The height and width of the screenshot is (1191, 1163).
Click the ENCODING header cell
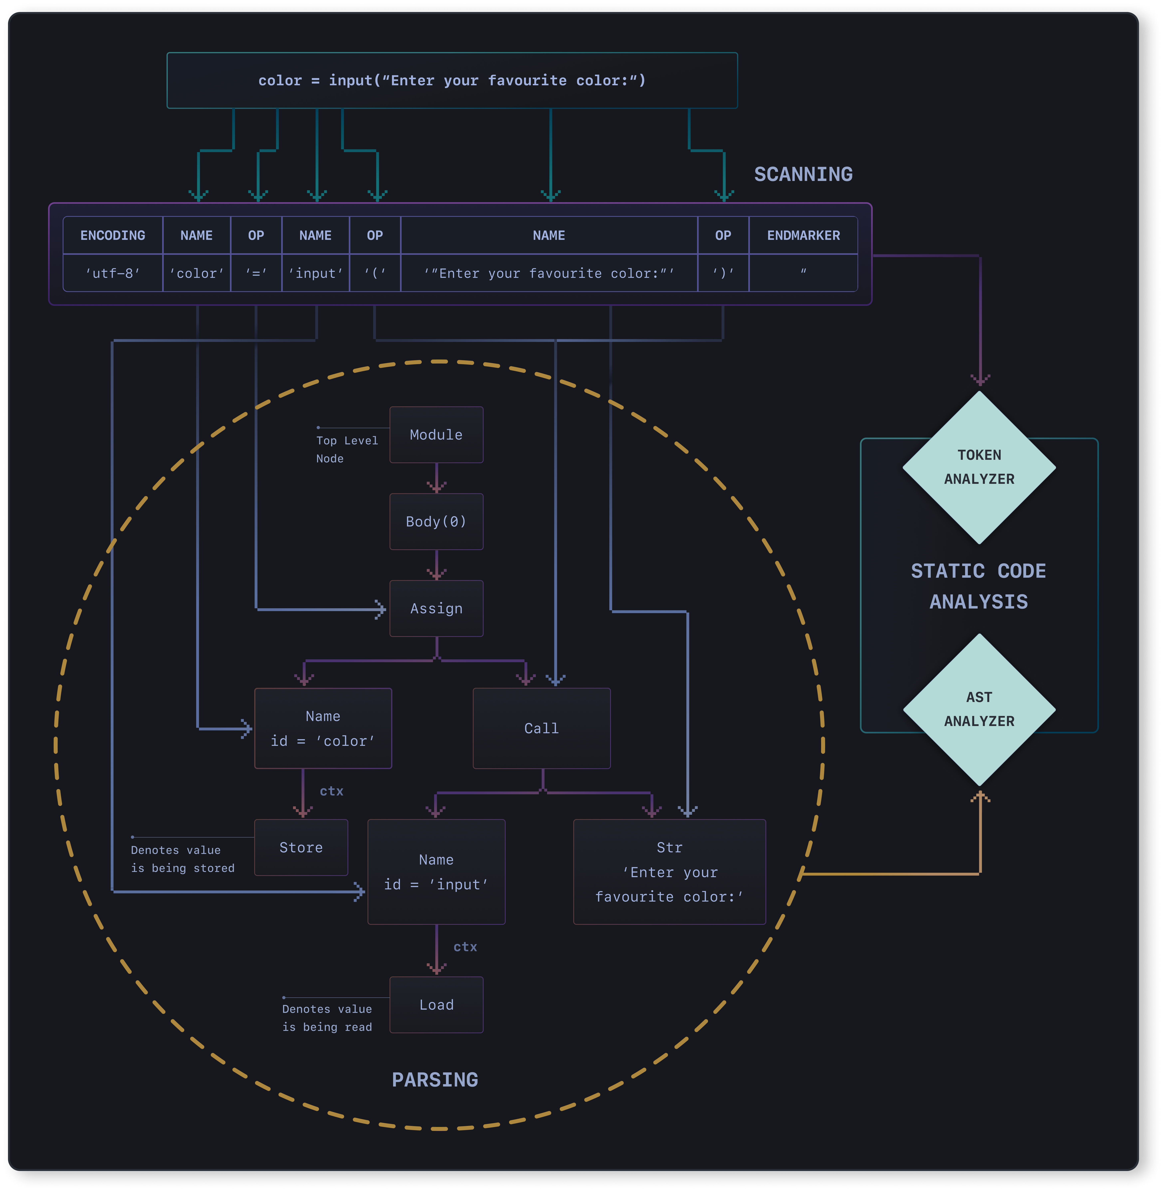[113, 235]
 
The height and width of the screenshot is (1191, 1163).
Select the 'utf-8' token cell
[113, 273]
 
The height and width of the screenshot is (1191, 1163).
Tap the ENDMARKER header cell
[803, 235]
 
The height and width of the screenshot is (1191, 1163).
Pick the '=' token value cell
[256, 273]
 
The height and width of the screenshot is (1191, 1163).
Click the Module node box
[436, 435]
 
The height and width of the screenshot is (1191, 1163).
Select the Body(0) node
[436, 522]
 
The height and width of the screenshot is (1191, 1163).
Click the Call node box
[542, 728]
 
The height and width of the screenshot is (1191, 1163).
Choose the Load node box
[436, 1005]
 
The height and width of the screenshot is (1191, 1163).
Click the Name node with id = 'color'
[323, 728]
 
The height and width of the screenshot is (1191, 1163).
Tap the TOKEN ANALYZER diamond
[979, 467]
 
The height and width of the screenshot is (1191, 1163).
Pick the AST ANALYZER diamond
[979, 710]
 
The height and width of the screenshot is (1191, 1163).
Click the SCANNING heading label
[803, 174]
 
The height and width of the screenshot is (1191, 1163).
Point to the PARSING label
[435, 1080]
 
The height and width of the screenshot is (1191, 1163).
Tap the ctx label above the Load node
[465, 947]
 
